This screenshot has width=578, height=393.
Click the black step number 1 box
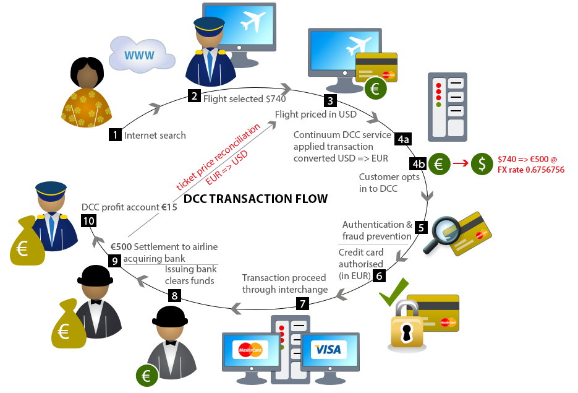click(115, 135)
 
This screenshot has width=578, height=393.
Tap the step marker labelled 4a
click(404, 139)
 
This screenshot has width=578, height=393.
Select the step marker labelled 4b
click(418, 164)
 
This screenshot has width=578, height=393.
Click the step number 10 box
click(87, 220)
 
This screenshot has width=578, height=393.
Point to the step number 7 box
click(302, 304)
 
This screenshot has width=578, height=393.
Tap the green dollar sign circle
click(482, 164)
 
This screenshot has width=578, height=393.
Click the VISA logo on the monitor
click(327, 350)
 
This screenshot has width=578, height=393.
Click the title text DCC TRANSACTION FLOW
click(255, 199)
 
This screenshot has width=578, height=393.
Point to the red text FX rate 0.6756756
click(531, 170)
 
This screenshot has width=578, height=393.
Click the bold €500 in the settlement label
click(121, 247)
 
